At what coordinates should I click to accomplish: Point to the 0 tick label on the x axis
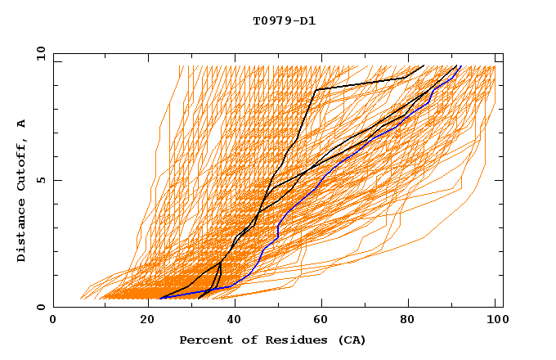53,320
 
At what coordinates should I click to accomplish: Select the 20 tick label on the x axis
141,320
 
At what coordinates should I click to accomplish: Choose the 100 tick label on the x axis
495,320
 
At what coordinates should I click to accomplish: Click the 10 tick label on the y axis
39,52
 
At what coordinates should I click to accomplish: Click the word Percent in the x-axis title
203,340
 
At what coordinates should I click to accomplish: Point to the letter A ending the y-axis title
22,124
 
